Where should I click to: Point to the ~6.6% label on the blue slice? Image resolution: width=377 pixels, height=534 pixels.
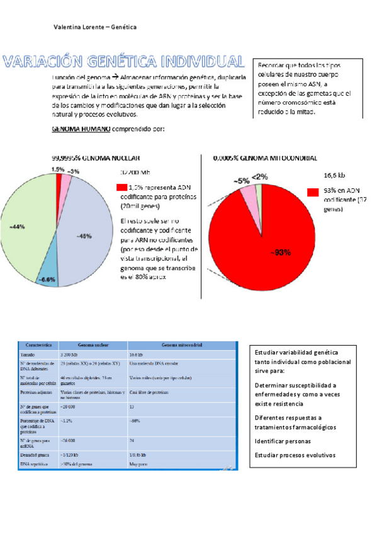48,278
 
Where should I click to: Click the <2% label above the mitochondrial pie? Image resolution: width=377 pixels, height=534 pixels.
259,177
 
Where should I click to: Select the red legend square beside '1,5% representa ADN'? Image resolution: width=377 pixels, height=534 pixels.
121,187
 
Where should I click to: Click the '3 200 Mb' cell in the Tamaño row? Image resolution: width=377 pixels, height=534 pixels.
70,356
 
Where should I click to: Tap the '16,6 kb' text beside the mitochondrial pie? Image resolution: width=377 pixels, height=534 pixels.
334,176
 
